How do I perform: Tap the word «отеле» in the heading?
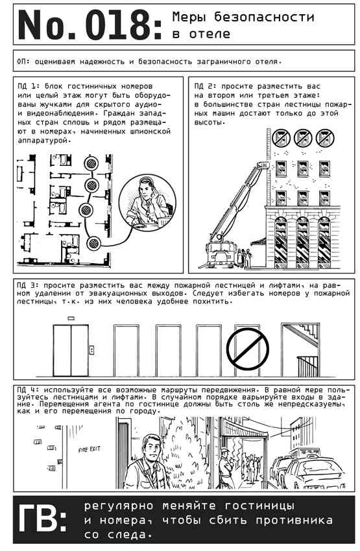pos(210,34)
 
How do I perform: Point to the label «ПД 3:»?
pos(27,285)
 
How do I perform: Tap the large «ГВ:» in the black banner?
pos(42,519)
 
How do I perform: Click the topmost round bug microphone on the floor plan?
pos(91,163)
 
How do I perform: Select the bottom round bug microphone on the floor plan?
pos(93,243)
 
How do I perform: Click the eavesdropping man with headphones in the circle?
pos(148,203)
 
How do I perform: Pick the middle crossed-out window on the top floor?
pos(303,137)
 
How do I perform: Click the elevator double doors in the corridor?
pos(71,350)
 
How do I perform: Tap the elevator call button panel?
pos(91,349)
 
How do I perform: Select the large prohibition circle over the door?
pos(248,349)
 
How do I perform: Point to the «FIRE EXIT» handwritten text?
pos(90,449)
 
